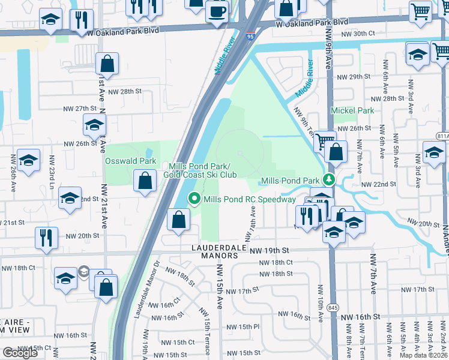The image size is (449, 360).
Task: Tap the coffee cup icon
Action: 217,11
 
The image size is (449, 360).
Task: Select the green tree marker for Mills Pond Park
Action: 328,179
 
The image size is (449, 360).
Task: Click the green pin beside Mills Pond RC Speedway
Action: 194,199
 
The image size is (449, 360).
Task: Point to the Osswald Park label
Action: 131,161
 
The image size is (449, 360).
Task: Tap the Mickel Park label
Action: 352,110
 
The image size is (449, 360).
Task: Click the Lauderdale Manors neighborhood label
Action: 220,251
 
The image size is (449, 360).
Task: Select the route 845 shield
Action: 334,307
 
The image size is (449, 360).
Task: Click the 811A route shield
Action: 443,136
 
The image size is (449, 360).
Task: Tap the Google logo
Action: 20,352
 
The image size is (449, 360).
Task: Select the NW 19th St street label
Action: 270,250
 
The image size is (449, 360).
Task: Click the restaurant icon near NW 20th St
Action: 45,236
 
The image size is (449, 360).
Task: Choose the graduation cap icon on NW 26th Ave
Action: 28,160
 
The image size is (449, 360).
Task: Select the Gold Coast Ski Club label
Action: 200,175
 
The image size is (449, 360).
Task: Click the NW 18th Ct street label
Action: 276,262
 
